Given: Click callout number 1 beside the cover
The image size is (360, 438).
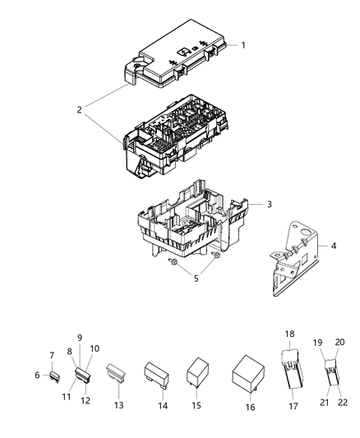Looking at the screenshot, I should (243, 44).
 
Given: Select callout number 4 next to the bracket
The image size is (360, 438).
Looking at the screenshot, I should (334, 246).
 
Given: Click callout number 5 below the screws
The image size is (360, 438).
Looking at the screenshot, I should (196, 278).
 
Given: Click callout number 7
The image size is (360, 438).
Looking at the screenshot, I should (51, 355).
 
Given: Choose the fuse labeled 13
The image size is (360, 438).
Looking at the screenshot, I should (118, 375).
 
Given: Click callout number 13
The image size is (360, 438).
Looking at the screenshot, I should (118, 405).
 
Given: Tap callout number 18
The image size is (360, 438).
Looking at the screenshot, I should (290, 334).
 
